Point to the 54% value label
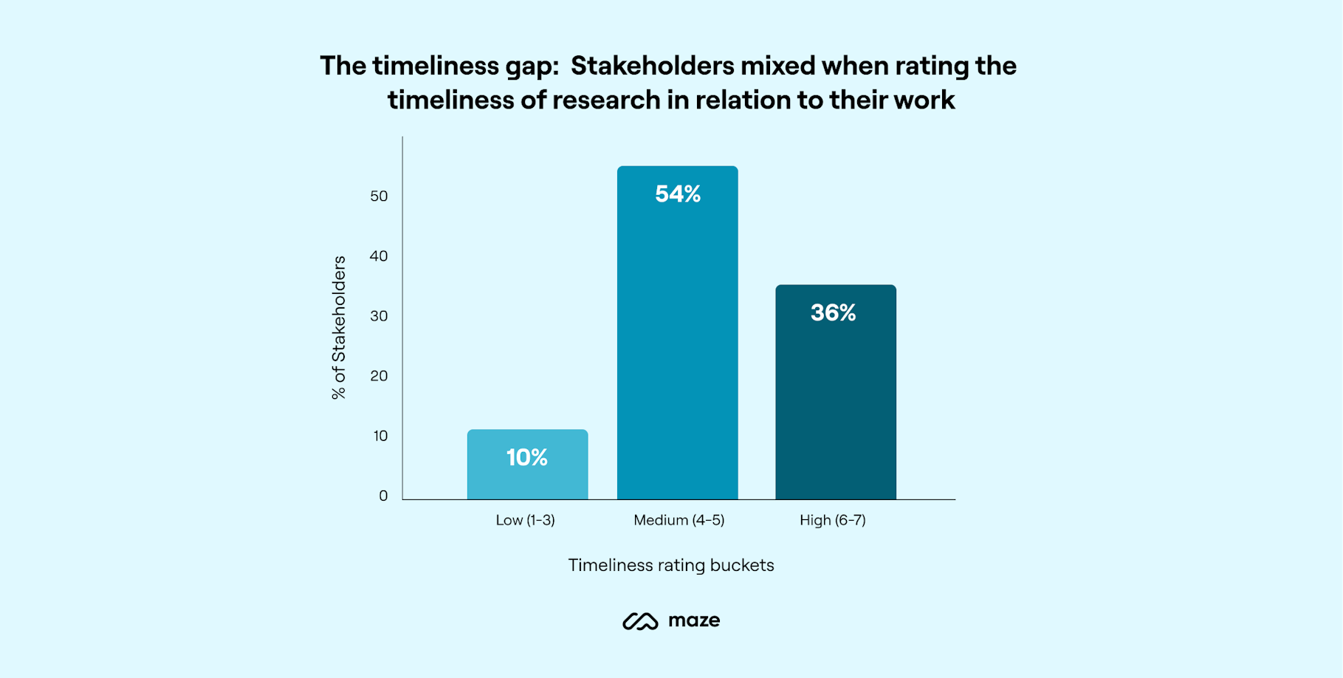678,194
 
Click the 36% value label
833,313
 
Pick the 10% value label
527,458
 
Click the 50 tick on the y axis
379,196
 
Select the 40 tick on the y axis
379,256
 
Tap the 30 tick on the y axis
379,316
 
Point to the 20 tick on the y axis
379,376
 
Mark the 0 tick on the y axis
383,496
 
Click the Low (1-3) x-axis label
525,520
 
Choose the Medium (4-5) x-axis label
679,520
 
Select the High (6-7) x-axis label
832,520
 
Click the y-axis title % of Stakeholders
339,327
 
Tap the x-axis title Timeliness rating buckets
670,565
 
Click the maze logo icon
640,621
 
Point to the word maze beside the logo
694,620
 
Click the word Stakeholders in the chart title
652,66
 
